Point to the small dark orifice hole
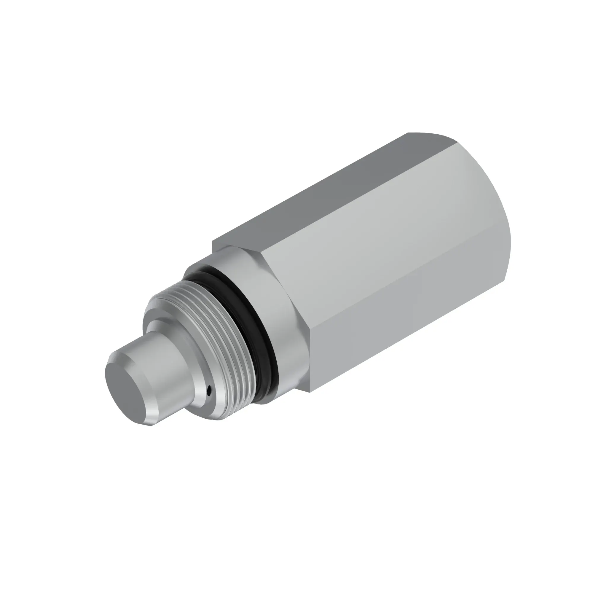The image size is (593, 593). (x=209, y=390)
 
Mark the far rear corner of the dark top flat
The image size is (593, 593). (x=408, y=133)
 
